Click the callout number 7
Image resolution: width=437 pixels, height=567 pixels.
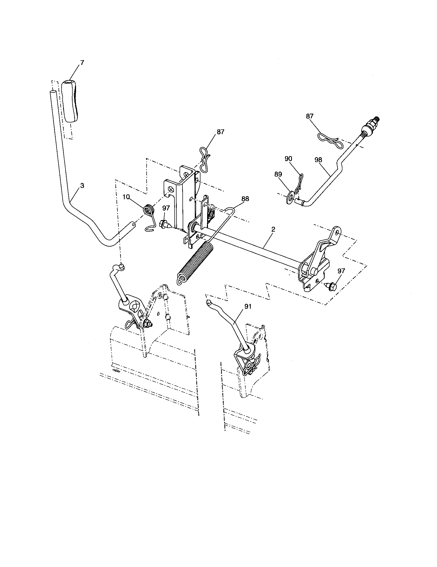(x=82, y=62)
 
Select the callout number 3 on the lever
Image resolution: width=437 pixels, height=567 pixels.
(x=82, y=186)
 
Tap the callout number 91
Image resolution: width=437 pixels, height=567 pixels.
(x=248, y=306)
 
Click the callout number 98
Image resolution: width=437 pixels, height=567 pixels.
(x=318, y=160)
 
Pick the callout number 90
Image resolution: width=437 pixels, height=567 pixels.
(x=288, y=159)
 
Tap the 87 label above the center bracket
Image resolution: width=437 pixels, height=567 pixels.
(x=220, y=132)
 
